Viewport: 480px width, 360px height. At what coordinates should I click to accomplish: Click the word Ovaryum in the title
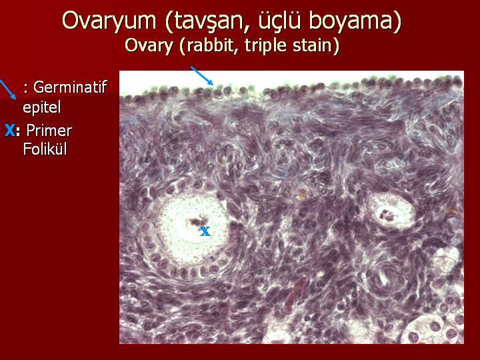pyautogui.click(x=109, y=21)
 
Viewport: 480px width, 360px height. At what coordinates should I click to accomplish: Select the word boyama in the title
pyautogui.click(x=351, y=21)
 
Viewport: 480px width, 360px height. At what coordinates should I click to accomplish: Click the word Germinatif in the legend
pyautogui.click(x=70, y=87)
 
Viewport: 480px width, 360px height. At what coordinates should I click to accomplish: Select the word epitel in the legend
pyautogui.click(x=42, y=107)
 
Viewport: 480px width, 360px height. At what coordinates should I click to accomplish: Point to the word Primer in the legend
pyautogui.click(x=49, y=131)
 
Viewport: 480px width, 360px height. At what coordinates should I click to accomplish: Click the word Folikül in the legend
pyautogui.click(x=45, y=149)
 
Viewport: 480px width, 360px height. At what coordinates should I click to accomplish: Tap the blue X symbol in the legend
pyautogui.click(x=10, y=131)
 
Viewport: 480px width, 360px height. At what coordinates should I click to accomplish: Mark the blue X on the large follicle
pyautogui.click(x=205, y=231)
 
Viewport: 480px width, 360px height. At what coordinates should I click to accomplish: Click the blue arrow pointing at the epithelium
pyautogui.click(x=202, y=75)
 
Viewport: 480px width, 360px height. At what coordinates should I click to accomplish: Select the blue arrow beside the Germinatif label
pyautogui.click(x=7, y=90)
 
